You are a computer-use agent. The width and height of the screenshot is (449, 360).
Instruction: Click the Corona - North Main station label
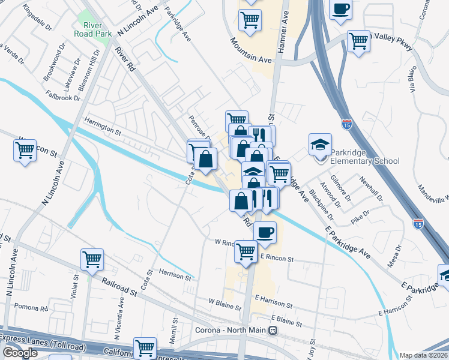coord(231,329)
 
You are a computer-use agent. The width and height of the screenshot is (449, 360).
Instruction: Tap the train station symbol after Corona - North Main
coord(273,329)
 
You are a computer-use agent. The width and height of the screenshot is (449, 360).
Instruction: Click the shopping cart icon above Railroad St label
coord(92,259)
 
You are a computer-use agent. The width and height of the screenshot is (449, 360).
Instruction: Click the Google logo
coord(20,353)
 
